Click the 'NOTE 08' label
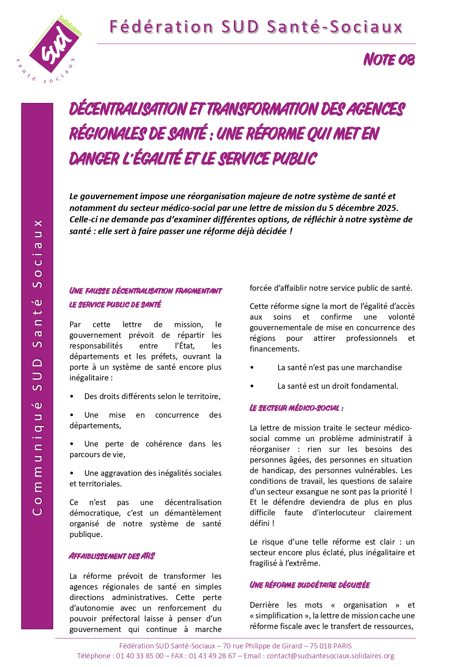pos(389,60)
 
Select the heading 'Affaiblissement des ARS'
pos(112,556)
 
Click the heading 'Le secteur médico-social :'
pos(296,408)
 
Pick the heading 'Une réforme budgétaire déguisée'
pos(310,585)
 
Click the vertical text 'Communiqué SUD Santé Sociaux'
pos(37,367)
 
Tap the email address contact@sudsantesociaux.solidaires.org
pos(330,656)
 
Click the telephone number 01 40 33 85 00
pos(140,656)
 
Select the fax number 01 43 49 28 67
pos(213,656)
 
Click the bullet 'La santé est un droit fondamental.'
pos(338,386)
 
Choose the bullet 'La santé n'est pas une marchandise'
pos(339,368)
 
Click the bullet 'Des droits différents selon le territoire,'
pos(152,396)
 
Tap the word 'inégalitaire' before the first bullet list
pos(89,378)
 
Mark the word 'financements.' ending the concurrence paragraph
pos(274,349)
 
